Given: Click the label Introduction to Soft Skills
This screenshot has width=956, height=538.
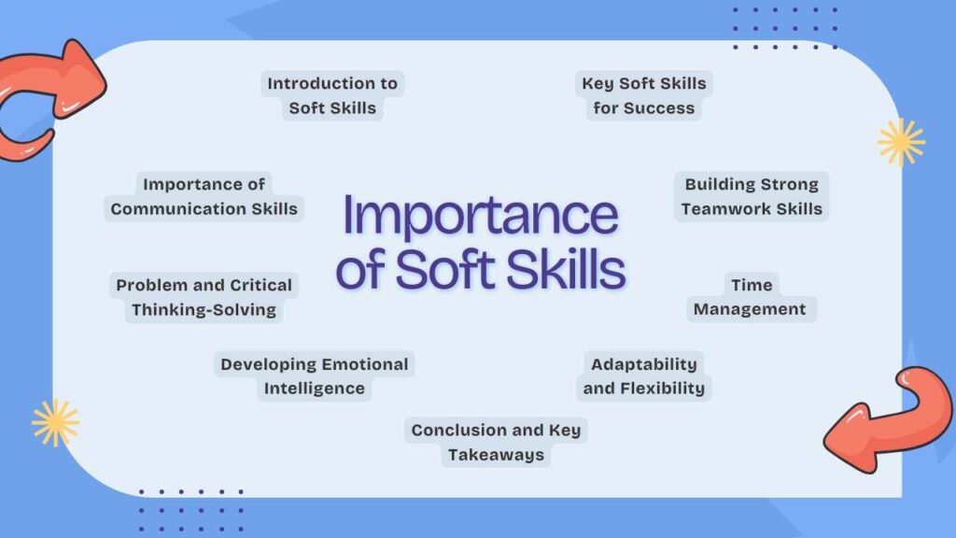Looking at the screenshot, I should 332,95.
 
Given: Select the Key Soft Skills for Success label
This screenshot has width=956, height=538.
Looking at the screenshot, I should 644,95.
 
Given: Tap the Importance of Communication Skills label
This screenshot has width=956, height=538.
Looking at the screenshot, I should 204,196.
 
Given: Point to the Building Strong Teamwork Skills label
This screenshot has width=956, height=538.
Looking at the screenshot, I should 752,196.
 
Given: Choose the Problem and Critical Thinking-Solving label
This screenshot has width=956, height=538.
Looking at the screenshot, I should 204,297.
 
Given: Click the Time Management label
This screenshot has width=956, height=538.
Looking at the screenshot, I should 751,297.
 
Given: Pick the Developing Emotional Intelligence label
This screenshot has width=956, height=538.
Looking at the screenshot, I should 314,375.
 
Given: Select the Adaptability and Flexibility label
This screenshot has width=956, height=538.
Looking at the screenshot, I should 644,375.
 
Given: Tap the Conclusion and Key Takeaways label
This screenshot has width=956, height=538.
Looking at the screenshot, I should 496,443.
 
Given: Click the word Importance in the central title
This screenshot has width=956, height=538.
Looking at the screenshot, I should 481,216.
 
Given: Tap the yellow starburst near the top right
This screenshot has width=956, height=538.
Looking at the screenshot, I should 901,143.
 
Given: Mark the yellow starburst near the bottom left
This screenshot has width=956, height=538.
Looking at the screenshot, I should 55,422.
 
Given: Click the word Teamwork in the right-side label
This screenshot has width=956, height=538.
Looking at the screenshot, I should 723,208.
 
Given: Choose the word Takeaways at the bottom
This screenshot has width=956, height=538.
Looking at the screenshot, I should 496,455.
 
